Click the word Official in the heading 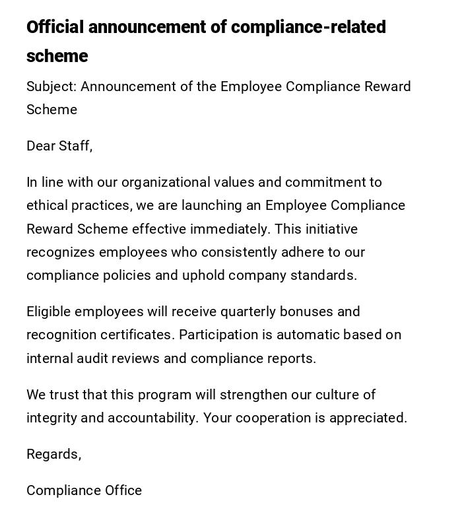tap(55, 27)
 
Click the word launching tap(212, 205)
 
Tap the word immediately tap(229, 229)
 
